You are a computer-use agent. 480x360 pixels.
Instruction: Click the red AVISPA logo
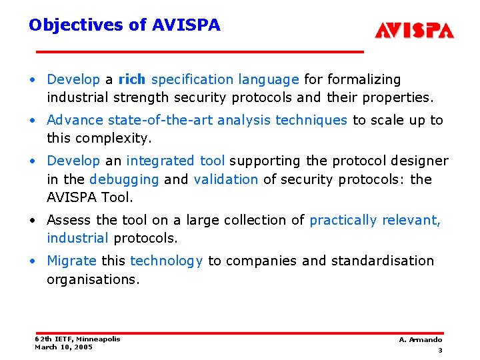point(414,31)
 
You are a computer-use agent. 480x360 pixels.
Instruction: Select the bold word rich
point(131,79)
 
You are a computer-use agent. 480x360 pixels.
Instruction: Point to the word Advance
point(75,120)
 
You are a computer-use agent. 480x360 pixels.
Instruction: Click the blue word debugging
point(124,179)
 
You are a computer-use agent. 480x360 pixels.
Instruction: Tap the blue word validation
point(225,179)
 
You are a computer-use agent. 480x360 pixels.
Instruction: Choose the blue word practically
point(344,220)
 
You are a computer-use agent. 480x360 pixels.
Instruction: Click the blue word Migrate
point(71,261)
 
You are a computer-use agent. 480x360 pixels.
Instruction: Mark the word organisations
point(93,279)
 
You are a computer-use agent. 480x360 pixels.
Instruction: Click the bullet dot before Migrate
point(33,261)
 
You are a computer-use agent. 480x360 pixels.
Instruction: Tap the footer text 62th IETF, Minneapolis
point(77,339)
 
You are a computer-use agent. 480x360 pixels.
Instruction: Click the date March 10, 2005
point(63,347)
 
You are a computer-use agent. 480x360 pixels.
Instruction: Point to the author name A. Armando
point(420,340)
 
